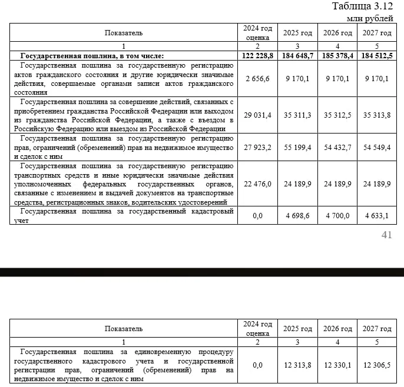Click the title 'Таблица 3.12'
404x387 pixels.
point(362,6)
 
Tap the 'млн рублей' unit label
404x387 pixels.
point(370,18)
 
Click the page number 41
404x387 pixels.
point(387,235)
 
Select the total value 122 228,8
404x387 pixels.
point(257,55)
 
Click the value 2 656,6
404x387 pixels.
point(257,78)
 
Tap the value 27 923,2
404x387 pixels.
point(257,147)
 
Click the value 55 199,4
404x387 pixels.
point(297,147)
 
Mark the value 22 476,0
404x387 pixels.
point(257,184)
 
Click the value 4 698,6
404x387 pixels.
point(297,216)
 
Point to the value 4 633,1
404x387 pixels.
point(377,216)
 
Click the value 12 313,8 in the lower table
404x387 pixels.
point(297,365)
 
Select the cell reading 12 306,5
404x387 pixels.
point(377,365)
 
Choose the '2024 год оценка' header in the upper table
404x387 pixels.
point(257,32)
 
